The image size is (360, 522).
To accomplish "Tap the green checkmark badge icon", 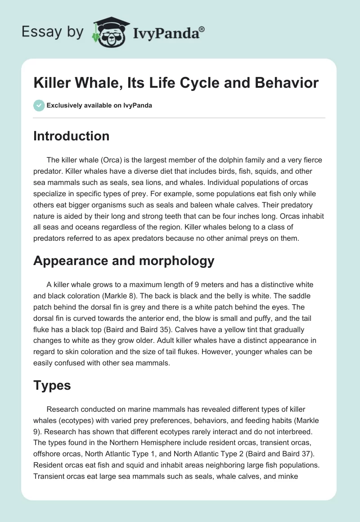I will pos(39,105).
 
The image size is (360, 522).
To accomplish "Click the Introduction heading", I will pos(71,136).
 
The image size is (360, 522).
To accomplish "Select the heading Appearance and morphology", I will pos(124,261).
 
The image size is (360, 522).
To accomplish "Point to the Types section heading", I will pos(52,385).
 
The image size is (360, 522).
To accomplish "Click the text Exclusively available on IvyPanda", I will pos(99,105).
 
